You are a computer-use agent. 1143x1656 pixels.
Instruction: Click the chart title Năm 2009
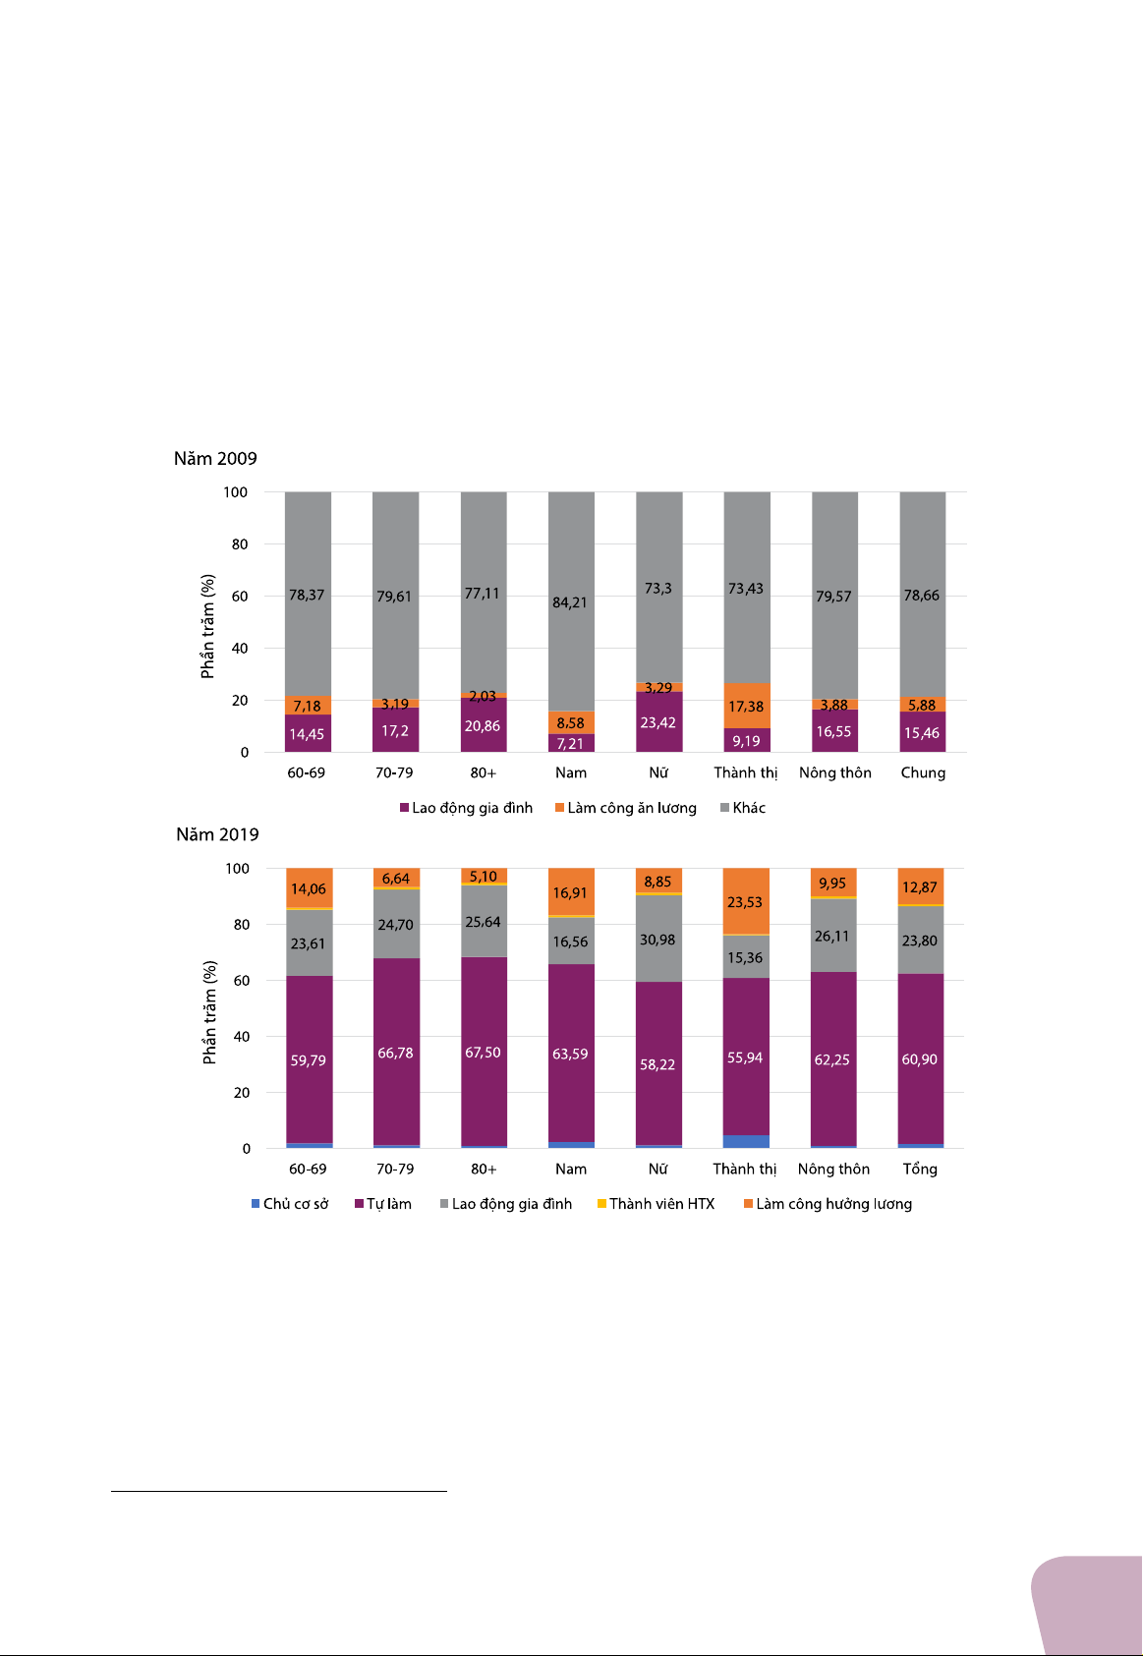pos(215,459)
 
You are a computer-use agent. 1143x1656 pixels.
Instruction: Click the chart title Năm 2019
pos(217,835)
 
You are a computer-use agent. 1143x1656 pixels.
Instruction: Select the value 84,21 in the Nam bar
pos(570,602)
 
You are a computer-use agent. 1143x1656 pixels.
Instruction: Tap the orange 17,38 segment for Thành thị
pos(746,707)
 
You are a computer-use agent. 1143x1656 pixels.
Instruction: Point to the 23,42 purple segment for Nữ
pos(657,723)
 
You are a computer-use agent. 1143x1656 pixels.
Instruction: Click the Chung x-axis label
pos(923,772)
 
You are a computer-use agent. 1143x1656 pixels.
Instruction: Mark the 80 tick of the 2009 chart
pos(240,544)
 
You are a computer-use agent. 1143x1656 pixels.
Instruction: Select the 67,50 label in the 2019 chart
pos(483,1053)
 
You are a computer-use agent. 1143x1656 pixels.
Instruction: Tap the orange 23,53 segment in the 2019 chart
pos(745,902)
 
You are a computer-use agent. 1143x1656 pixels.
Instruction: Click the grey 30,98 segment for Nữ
pos(657,941)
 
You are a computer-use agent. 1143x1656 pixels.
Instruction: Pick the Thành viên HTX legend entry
pos(656,1204)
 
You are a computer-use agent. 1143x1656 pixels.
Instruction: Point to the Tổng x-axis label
pos(920,1169)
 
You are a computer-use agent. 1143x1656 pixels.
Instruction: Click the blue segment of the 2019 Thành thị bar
pos(746,1142)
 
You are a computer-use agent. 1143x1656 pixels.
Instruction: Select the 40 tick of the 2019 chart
pos(240,1037)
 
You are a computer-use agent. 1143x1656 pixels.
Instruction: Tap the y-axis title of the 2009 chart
pos(207,627)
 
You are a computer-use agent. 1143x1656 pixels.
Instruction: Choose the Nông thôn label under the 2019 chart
pos(833,1169)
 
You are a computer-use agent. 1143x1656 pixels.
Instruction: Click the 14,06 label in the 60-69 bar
pos(308,889)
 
